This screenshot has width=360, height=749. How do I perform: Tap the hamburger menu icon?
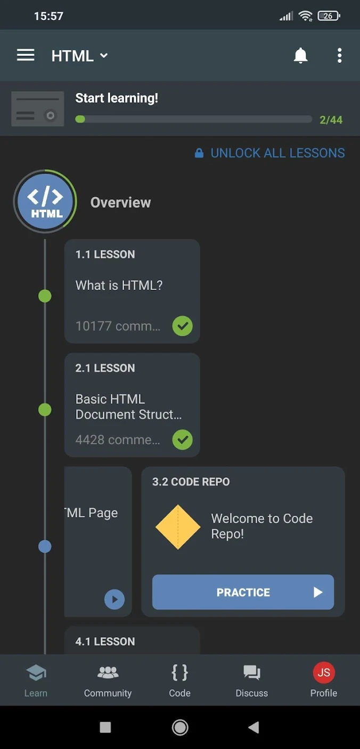click(26, 55)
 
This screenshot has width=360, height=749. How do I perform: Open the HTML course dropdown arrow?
click(104, 55)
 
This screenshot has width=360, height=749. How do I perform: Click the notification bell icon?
click(300, 55)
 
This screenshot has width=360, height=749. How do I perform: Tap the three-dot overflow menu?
click(340, 55)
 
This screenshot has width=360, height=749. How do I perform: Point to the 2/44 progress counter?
click(331, 120)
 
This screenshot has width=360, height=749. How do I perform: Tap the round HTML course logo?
click(45, 201)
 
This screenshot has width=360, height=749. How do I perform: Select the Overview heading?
click(120, 202)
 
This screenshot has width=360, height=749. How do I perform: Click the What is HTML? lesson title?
click(119, 286)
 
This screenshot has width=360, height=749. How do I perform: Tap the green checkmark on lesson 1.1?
click(183, 325)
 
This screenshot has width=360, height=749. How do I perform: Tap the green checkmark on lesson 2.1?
click(183, 439)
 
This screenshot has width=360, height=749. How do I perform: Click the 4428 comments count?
click(118, 439)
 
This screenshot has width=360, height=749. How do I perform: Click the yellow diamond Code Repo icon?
click(178, 527)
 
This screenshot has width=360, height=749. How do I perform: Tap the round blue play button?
click(114, 599)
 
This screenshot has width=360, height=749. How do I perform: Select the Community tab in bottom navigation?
click(108, 681)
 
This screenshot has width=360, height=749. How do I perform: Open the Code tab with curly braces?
click(180, 681)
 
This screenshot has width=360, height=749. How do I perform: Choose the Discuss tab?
click(252, 681)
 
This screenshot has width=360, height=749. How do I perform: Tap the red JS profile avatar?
click(324, 672)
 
